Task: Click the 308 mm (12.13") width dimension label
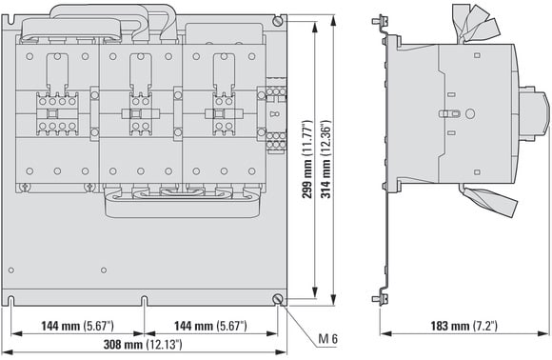coord(143,344)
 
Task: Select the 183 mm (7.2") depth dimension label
coord(464,326)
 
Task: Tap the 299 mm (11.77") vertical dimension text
coord(307,159)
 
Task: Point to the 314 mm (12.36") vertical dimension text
coord(325,159)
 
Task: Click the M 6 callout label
coord(327,338)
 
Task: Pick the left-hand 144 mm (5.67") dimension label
coord(77,326)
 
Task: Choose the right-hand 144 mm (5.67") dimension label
coord(210,326)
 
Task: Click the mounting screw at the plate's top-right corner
coord(278,20)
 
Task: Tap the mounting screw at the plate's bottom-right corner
coord(278,299)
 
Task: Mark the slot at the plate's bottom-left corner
coord(10,301)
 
